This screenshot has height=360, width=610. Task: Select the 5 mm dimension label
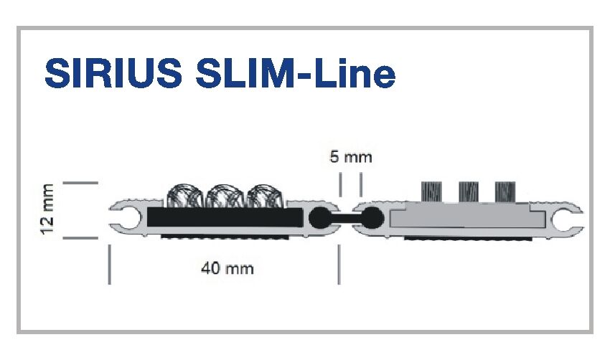pos(351,157)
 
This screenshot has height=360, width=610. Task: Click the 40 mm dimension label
pos(227,269)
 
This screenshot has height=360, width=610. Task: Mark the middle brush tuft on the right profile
pos(468,191)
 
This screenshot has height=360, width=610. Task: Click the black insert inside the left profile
pos(224,216)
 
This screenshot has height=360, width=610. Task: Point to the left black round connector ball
pos(319,217)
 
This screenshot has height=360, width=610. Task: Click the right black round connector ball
pos(372,217)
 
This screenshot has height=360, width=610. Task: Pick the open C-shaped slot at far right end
pos(571,217)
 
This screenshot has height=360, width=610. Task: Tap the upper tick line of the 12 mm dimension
pos(80,184)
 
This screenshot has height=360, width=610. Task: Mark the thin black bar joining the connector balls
pos(345,217)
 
